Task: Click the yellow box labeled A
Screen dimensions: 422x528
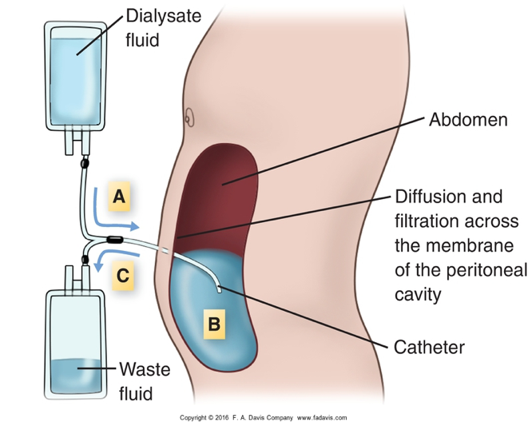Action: [118, 197]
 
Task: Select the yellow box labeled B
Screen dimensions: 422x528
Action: [212, 324]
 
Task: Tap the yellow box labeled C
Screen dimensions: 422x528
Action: [121, 277]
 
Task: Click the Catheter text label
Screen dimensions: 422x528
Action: [430, 348]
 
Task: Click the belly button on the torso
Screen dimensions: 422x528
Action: [188, 116]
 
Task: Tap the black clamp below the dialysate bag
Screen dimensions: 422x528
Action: [83, 165]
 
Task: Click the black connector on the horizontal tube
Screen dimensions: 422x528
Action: [115, 238]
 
